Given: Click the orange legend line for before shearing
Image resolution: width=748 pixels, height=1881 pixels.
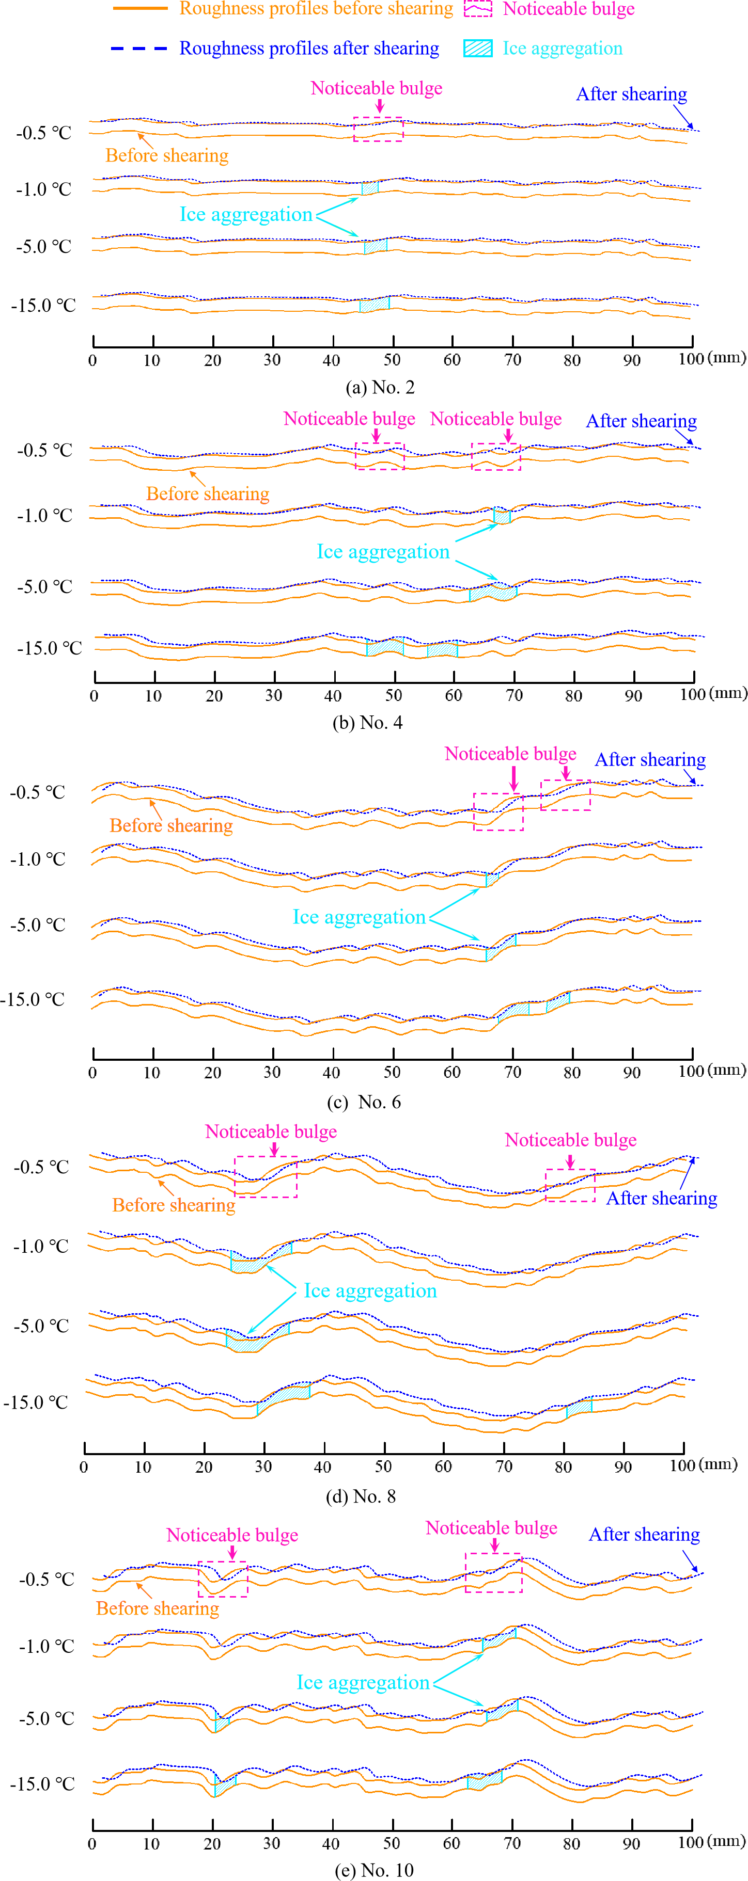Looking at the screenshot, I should click(x=141, y=9).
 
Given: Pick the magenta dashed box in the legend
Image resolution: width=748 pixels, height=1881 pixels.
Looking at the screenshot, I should click(x=478, y=9).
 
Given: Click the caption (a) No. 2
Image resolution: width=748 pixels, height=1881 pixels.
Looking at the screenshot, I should click(x=380, y=387).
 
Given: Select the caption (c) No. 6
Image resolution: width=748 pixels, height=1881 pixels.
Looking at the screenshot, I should click(x=364, y=1102).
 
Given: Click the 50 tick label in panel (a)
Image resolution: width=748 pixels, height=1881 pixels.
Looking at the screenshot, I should click(x=392, y=360).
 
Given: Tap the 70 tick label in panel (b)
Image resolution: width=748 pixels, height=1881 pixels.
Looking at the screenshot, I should click(x=515, y=696).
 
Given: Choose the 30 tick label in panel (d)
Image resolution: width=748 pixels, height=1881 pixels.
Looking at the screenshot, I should click(x=263, y=1466).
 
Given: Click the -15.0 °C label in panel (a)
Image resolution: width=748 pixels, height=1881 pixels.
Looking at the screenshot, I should click(x=43, y=305).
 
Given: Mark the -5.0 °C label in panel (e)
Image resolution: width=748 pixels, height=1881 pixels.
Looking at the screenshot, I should click(x=46, y=1718).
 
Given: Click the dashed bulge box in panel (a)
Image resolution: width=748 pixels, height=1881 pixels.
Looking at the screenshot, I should click(x=378, y=129).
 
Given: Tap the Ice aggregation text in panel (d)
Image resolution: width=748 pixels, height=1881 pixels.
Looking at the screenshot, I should click(x=370, y=1291).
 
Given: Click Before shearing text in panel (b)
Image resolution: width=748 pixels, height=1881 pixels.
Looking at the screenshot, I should click(x=208, y=495).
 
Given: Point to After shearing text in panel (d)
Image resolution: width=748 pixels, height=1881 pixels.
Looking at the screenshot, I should click(x=661, y=1198).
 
